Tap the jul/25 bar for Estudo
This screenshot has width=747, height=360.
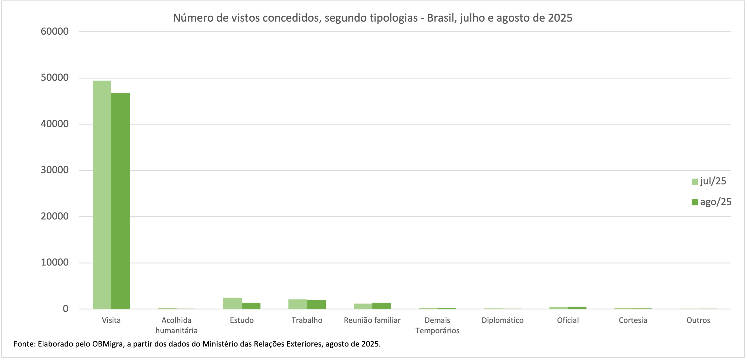pos(232,303)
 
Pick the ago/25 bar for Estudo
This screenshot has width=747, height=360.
pos(251,306)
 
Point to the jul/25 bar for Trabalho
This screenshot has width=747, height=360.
pos(297,304)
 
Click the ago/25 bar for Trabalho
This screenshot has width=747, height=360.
pos(316,304)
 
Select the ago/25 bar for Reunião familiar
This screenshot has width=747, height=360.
pos(382,306)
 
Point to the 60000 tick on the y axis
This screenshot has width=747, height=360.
pos(55,31)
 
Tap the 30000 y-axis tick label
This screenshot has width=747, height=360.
pos(55,170)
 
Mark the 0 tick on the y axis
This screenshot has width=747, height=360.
pos(66,309)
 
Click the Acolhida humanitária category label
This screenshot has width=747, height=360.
pos(176,325)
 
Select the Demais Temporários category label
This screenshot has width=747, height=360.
pos(437,325)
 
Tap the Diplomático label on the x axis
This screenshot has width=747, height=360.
pos(503,320)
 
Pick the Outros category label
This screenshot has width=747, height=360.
pos(698,320)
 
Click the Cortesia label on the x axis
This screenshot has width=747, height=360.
pos(633,320)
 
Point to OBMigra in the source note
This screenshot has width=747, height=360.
pos(107,344)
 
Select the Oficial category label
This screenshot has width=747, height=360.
pos(568,320)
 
